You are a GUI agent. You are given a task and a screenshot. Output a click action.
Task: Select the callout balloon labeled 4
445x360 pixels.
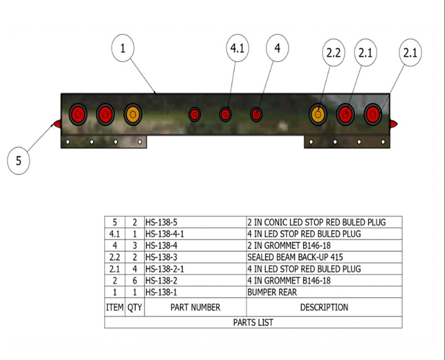tap(278, 48)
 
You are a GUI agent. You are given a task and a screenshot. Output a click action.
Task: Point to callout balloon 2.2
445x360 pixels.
tap(333, 53)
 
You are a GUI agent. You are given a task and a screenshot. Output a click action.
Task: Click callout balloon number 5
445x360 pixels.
tap(19, 161)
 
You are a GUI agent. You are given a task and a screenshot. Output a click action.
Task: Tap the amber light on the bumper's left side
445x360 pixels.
tap(133, 114)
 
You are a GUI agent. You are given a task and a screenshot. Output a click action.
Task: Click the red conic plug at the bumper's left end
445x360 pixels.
tap(56, 124)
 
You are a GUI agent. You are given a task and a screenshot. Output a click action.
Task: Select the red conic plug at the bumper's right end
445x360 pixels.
tap(394, 124)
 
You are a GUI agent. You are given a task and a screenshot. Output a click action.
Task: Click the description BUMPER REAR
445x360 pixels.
tap(272, 292)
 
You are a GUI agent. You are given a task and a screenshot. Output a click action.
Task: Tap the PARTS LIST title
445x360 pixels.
tap(253, 322)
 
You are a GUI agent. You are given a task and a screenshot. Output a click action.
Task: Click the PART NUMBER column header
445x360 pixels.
tap(195, 307)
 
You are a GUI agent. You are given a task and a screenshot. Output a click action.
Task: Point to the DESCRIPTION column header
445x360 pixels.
tap(324, 307)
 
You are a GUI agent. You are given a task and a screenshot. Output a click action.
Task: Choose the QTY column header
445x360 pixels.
tap(135, 307)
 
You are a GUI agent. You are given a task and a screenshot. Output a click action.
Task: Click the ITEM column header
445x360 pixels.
tap(115, 307)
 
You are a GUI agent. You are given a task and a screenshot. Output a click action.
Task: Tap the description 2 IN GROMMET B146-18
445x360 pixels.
tap(289, 245)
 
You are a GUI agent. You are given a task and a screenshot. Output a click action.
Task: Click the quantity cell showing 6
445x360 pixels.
tap(135, 281)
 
